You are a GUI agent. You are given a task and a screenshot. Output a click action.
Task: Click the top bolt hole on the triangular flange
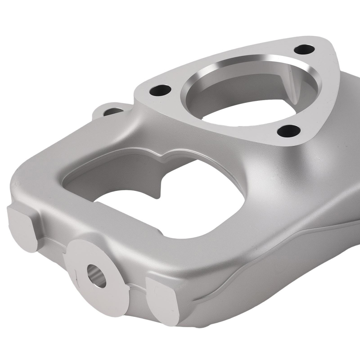point(305,49)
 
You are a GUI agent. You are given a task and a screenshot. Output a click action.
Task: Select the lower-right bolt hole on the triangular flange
point(289,131)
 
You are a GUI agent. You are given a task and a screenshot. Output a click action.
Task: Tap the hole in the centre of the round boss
point(97,276)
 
